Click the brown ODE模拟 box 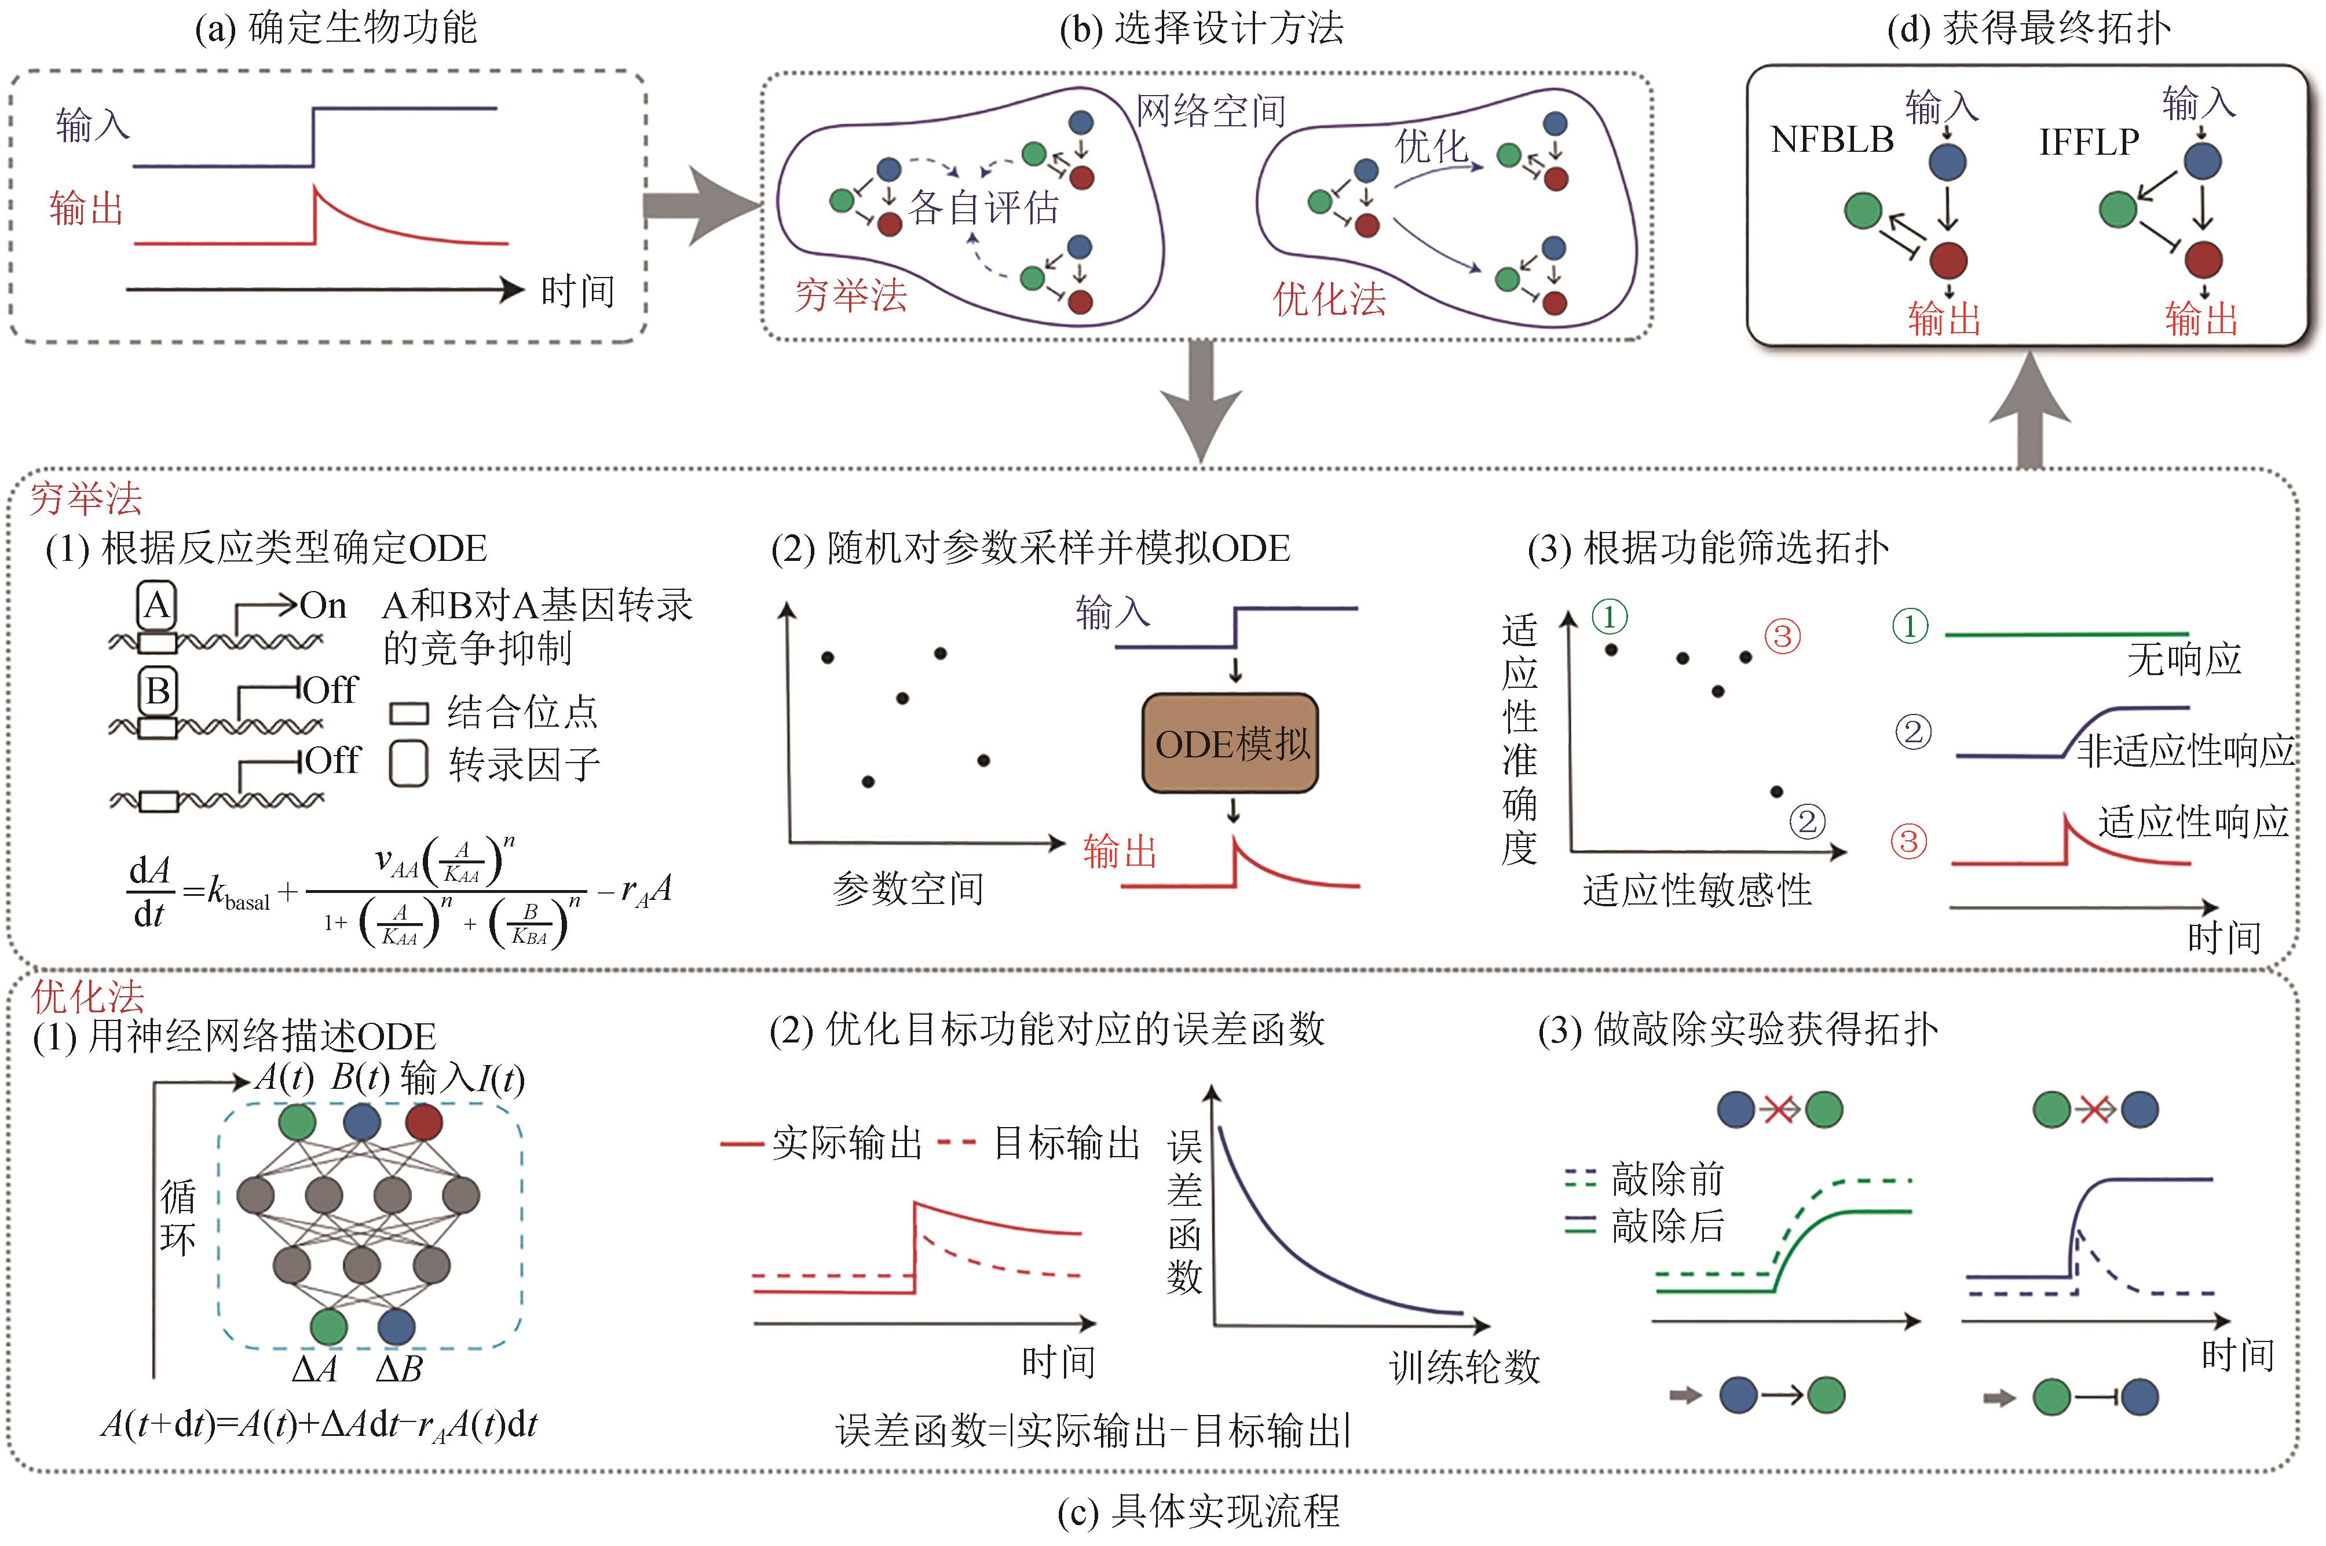pos(1230,743)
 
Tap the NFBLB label pos(1831,140)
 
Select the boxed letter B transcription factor pos(158,690)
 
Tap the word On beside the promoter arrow pos(322,606)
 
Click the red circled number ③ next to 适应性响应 pos(1908,841)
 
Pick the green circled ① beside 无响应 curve pos(1909,625)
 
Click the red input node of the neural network pos(424,1122)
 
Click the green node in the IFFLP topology pos(2118,209)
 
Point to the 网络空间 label pos(1210,111)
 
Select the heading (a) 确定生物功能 pos(336,28)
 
